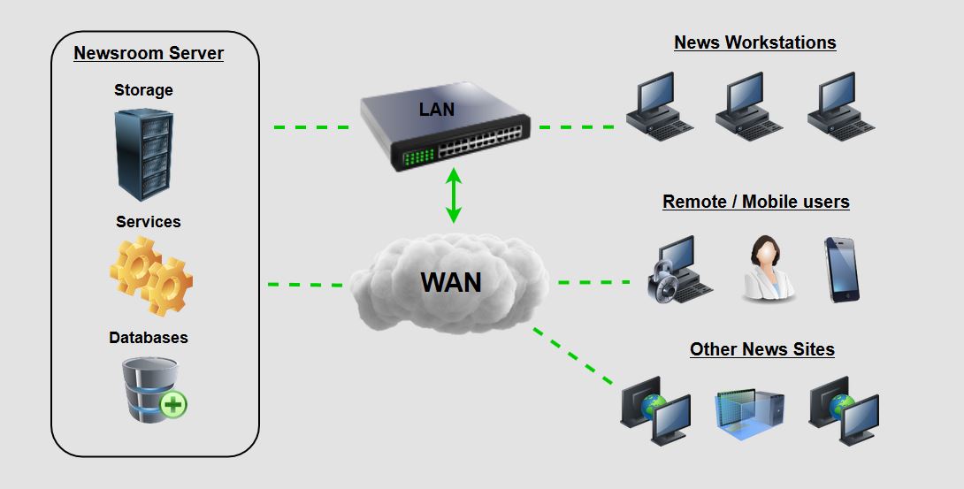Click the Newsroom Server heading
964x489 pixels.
pyautogui.click(x=149, y=53)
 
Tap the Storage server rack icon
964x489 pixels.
pyautogui.click(x=143, y=155)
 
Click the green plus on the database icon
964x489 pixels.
pyautogui.click(x=173, y=405)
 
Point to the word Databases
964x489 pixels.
pyautogui.click(x=149, y=338)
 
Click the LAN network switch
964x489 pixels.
pyautogui.click(x=442, y=124)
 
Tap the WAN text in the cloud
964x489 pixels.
pyautogui.click(x=451, y=282)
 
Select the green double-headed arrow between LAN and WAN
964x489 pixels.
pyautogui.click(x=454, y=195)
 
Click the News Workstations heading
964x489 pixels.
pyautogui.click(x=754, y=42)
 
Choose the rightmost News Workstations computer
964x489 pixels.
pyautogui.click(x=840, y=106)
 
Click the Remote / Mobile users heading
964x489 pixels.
pyautogui.click(x=755, y=202)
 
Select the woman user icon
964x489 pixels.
pyautogui.click(x=767, y=269)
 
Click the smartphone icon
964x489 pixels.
pyautogui.click(x=841, y=270)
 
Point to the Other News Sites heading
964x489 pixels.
pyautogui.click(x=761, y=349)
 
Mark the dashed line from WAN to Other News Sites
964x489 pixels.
pyautogui.click(x=573, y=356)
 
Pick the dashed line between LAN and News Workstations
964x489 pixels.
pyautogui.click(x=577, y=127)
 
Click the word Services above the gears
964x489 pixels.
pyautogui.click(x=149, y=221)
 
